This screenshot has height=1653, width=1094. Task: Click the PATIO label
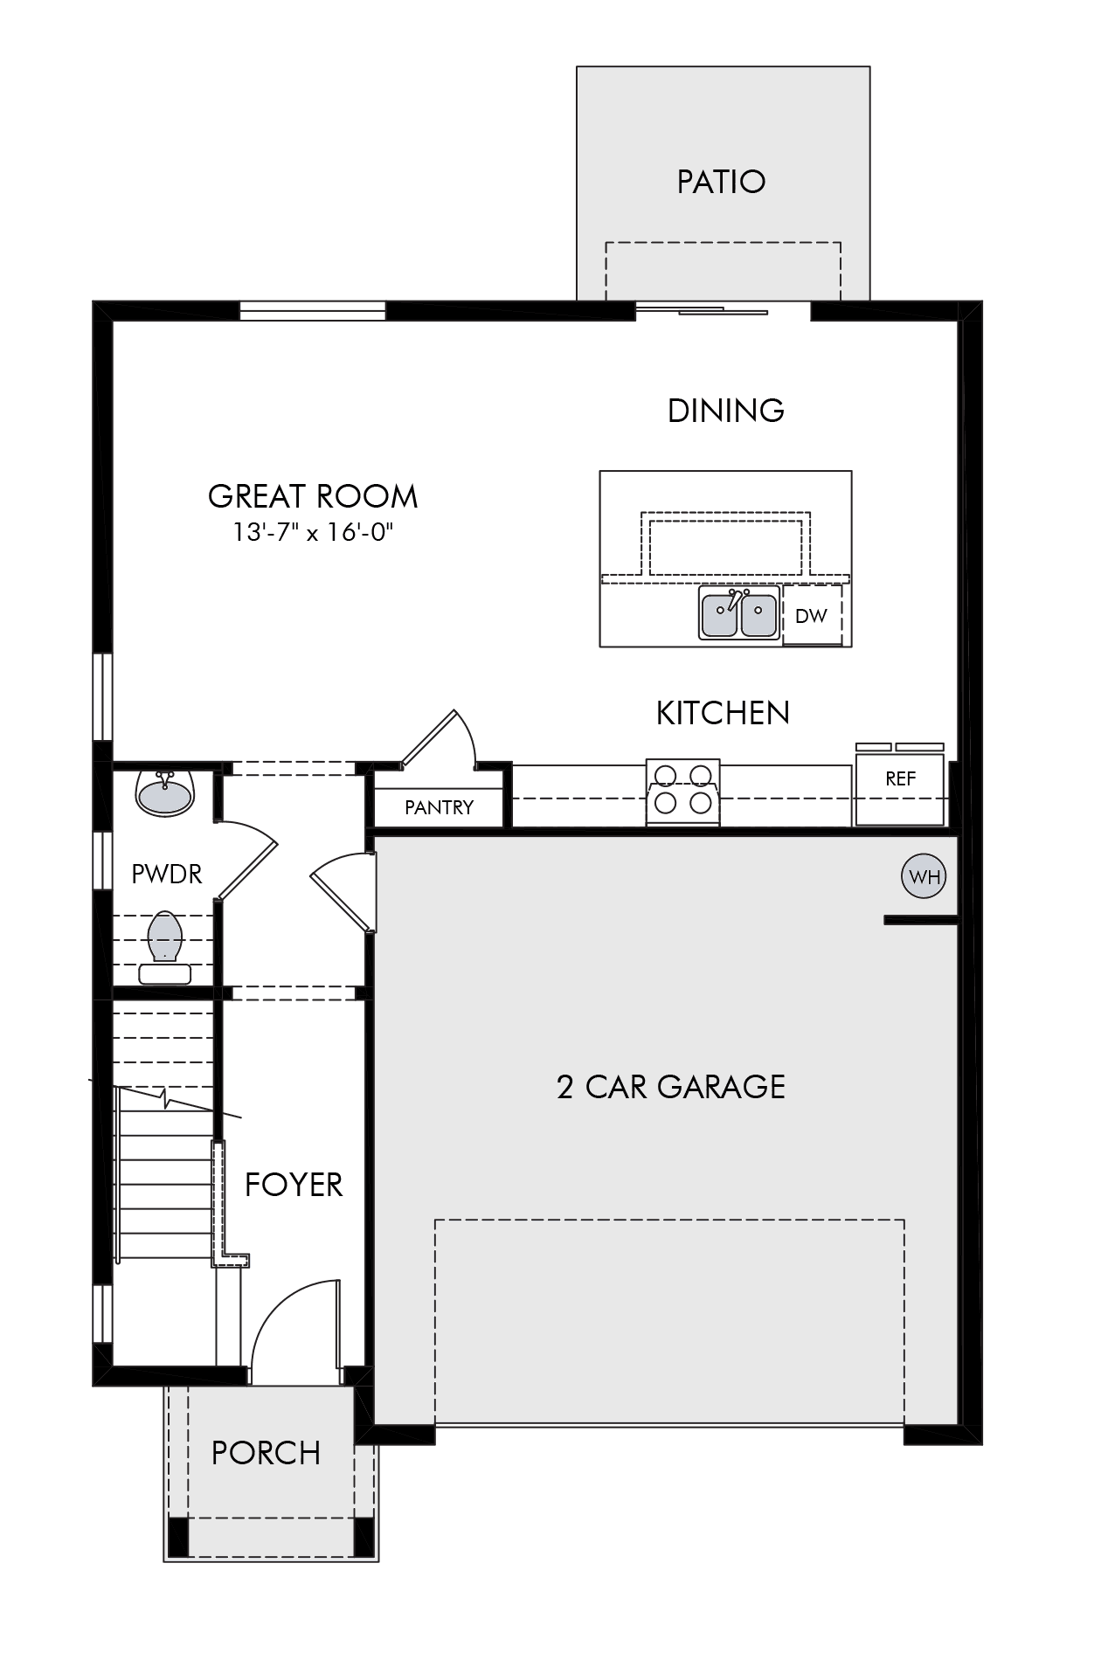721,182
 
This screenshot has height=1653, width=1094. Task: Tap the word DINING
725,411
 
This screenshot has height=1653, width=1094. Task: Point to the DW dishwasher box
812,615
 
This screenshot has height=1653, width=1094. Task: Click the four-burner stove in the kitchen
683,792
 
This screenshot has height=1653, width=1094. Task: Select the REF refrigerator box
900,785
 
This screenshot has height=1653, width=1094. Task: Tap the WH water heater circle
924,876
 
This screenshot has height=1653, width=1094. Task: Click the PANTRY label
439,807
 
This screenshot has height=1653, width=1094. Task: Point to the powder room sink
166,793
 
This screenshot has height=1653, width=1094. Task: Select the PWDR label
166,874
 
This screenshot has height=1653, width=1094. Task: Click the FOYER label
294,1185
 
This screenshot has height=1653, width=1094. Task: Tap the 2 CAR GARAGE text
671,1087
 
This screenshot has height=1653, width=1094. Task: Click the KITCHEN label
723,713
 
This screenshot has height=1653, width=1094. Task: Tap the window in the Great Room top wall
312,311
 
